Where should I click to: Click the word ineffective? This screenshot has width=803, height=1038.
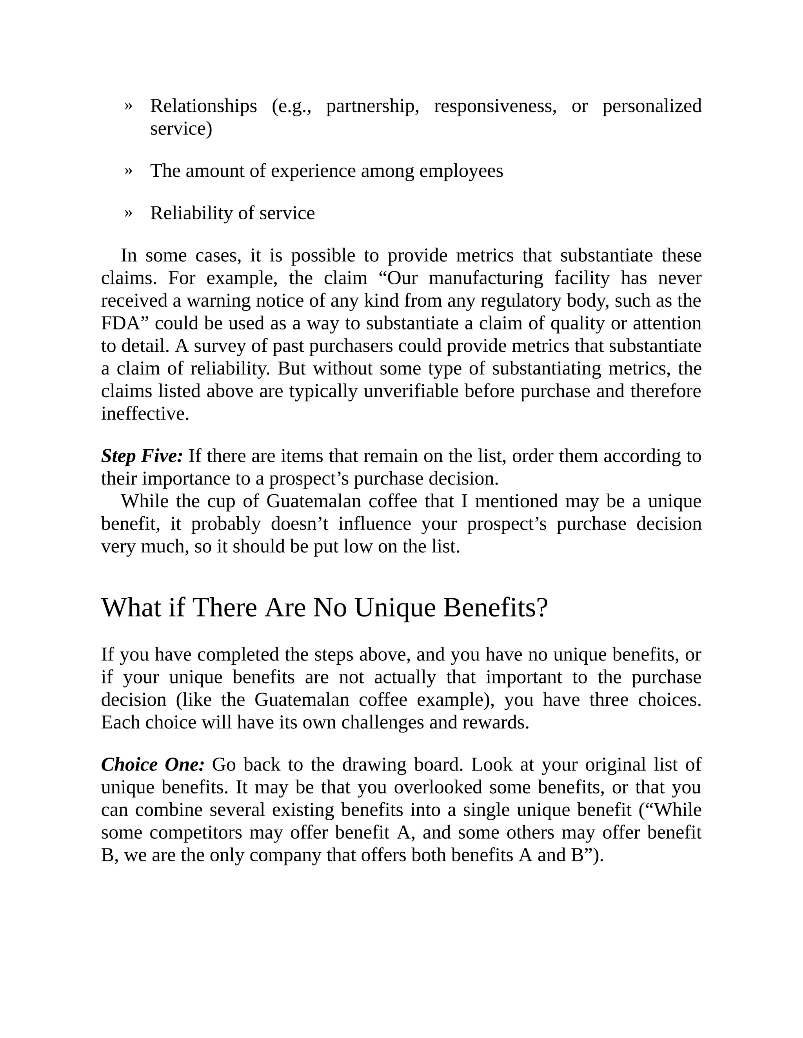tap(145, 414)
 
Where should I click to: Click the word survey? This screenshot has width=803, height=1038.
tap(219, 346)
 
